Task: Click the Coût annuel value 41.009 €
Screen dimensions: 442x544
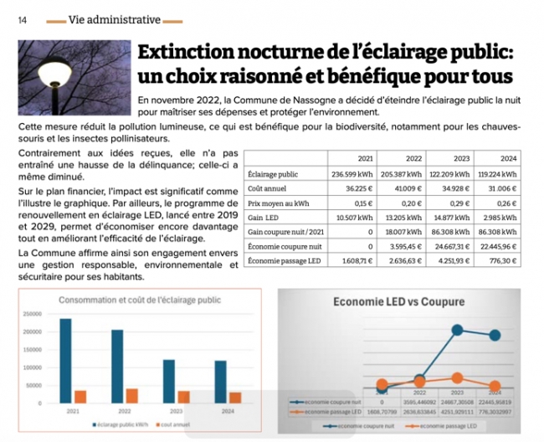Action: click(x=405, y=189)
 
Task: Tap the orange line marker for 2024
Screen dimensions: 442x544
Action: click(x=495, y=386)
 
